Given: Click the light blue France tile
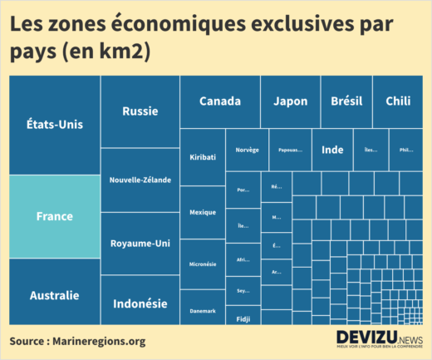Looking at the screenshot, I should point(54,216).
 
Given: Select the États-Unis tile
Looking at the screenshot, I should point(54,125).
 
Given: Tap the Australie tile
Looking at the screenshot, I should point(54,294).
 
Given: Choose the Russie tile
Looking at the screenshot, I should point(140,111).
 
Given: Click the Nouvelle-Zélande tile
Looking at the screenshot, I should point(140,180).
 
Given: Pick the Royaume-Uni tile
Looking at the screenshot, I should point(140,244).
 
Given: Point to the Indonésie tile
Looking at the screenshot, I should point(140,303).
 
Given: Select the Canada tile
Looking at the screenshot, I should point(220,101).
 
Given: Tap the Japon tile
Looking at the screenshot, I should point(290,101).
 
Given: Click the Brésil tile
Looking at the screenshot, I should point(346,101).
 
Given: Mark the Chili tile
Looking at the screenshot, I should point(398,101).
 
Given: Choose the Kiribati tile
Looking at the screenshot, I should point(203,156).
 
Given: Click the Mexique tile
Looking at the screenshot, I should point(203,212).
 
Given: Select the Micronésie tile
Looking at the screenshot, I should point(203,264).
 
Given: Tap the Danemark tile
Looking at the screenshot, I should point(203,309).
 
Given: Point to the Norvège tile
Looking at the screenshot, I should point(247,150).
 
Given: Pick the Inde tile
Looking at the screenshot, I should point(332,150).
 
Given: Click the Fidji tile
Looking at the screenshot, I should point(243,318).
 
